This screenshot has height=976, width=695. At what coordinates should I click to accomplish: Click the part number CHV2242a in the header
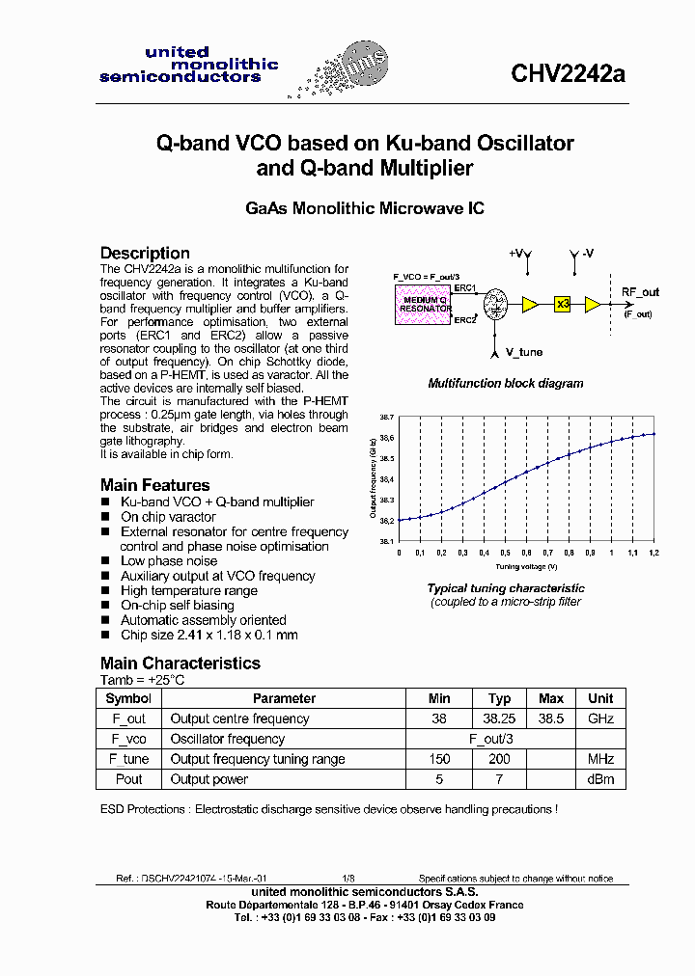568,75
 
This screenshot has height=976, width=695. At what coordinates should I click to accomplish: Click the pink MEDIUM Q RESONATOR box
423,306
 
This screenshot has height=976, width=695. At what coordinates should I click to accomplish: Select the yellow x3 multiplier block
564,304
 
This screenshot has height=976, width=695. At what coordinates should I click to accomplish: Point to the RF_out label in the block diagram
640,292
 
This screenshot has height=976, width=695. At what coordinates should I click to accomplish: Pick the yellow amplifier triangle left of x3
530,304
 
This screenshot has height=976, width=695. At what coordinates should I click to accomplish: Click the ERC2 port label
464,320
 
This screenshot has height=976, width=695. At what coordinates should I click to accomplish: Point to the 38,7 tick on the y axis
386,417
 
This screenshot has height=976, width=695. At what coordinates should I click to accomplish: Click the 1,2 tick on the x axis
653,553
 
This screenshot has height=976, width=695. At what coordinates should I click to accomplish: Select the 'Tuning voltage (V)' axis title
526,566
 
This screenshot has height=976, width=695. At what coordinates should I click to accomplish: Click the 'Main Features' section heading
154,485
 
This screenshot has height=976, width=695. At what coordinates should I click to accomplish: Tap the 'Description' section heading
145,253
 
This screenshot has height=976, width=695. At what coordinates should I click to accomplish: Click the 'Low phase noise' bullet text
169,561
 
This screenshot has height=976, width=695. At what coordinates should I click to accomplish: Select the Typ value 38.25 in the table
498,718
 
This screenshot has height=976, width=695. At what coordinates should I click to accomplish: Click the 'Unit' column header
600,698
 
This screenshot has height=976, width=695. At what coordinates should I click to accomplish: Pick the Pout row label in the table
128,779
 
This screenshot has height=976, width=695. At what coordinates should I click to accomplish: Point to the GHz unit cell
600,718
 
